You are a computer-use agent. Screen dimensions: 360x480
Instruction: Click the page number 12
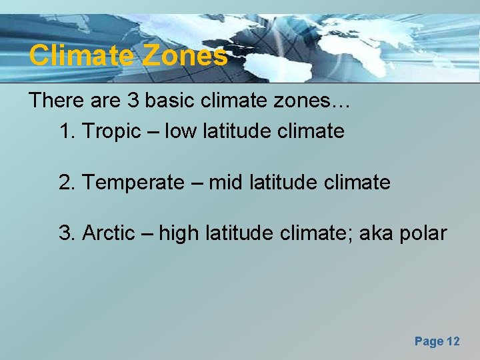[x=452, y=341]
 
